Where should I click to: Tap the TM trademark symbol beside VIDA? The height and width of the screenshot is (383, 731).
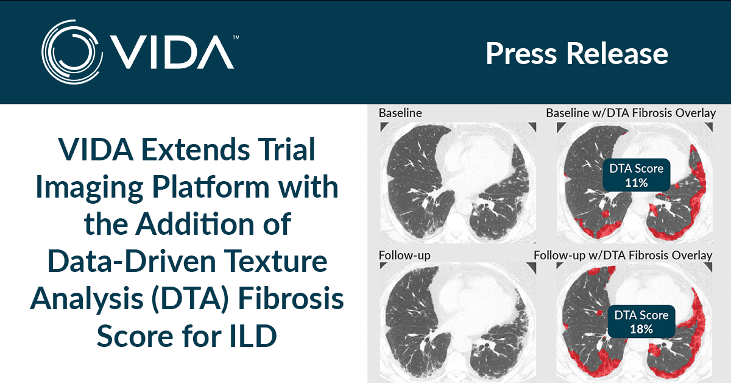point(236,37)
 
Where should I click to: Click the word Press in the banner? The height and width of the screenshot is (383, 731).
point(521,53)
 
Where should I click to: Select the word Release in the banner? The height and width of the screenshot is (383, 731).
point(617,53)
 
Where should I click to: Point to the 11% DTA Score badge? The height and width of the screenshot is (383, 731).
point(637,176)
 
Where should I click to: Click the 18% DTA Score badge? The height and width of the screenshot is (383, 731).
point(641,321)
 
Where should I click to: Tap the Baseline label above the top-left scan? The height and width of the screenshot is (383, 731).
point(400,113)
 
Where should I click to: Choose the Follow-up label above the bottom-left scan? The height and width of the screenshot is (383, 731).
point(404,256)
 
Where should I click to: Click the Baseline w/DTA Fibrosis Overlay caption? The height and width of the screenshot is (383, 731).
point(631,113)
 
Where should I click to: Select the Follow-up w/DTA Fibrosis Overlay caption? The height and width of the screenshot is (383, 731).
point(623,255)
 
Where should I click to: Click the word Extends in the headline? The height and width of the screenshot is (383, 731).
point(196,149)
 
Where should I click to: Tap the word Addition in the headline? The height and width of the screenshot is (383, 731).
point(195,224)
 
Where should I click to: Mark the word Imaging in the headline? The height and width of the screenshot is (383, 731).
point(90,188)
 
